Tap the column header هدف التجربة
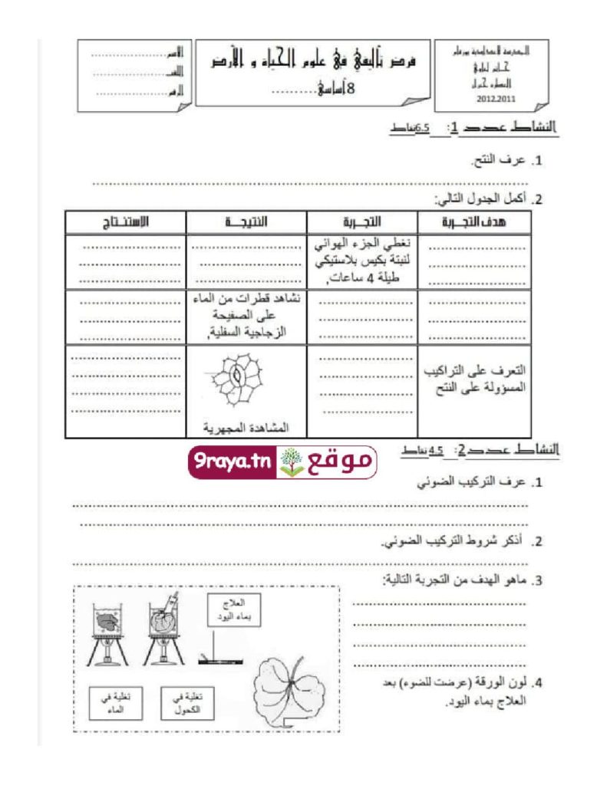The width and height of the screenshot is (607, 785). point(477,222)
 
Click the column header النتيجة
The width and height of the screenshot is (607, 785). point(247,222)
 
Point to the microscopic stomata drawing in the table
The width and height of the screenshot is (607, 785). point(237,383)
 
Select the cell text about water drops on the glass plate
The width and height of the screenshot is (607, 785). point(247,316)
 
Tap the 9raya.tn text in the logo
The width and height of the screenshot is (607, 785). point(229,462)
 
